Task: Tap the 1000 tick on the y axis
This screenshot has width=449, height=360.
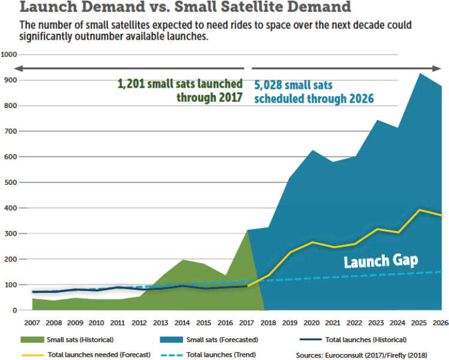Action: [x=8, y=55]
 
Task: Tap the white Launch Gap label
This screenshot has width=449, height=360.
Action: [x=380, y=261]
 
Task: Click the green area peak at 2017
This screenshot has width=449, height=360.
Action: [x=247, y=231]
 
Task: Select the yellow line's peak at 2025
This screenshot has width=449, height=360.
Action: [x=419, y=210]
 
